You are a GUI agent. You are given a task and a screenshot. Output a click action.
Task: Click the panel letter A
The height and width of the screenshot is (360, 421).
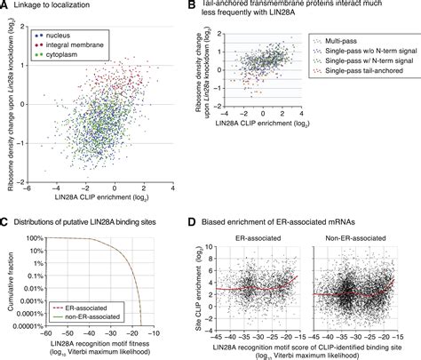[x=5, y=6]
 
